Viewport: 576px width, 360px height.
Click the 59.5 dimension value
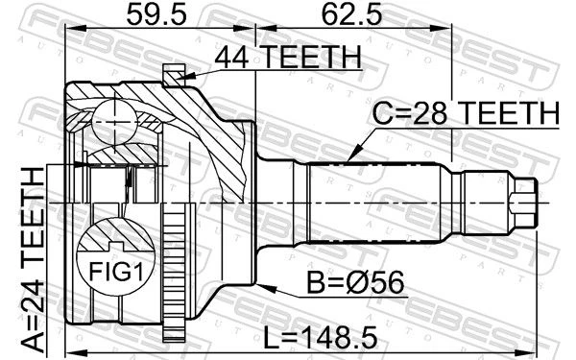[156, 15]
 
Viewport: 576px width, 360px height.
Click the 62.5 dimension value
[352, 15]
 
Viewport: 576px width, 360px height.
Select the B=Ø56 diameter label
[355, 282]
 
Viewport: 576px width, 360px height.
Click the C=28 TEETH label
[466, 113]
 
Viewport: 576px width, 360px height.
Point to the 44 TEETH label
[288, 58]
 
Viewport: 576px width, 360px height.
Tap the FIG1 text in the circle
[116, 273]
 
